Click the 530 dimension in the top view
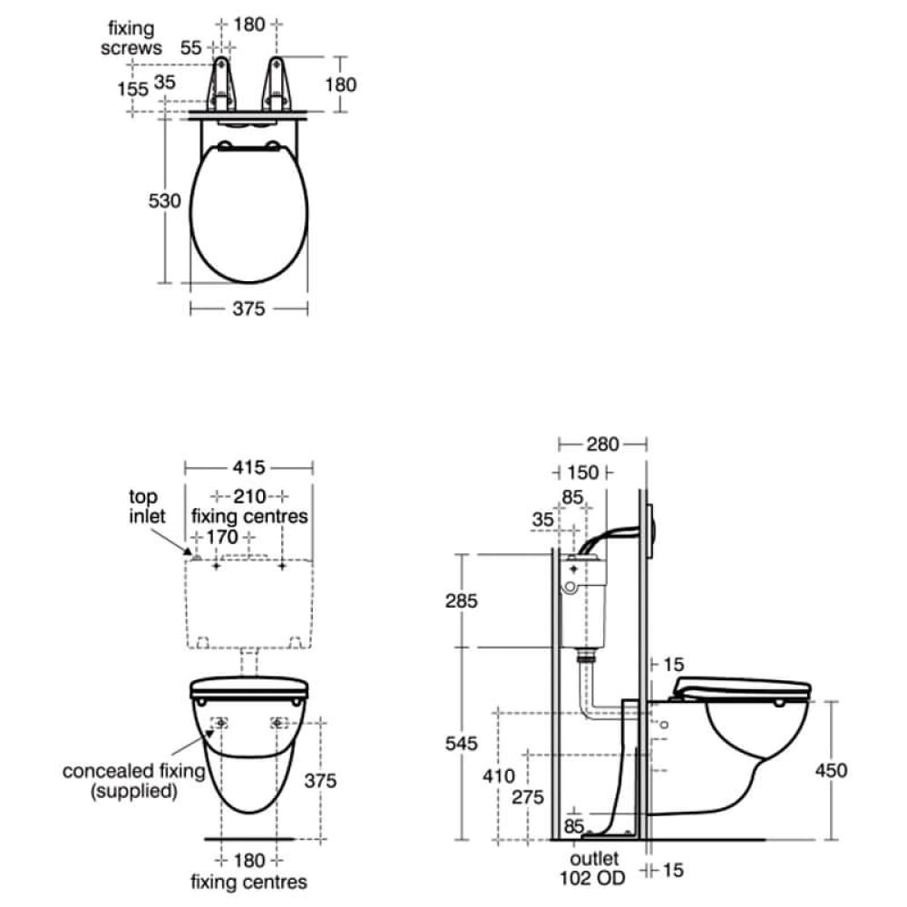tap(164, 200)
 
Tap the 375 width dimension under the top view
tap(249, 309)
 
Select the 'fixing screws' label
tap(132, 38)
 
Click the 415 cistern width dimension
tap(249, 467)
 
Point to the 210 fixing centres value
tap(249, 496)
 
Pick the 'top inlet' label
tap(147, 506)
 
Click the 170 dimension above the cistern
tap(222, 537)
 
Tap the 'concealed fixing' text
tap(133, 771)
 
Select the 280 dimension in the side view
tap(603, 444)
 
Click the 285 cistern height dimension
tap(462, 601)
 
